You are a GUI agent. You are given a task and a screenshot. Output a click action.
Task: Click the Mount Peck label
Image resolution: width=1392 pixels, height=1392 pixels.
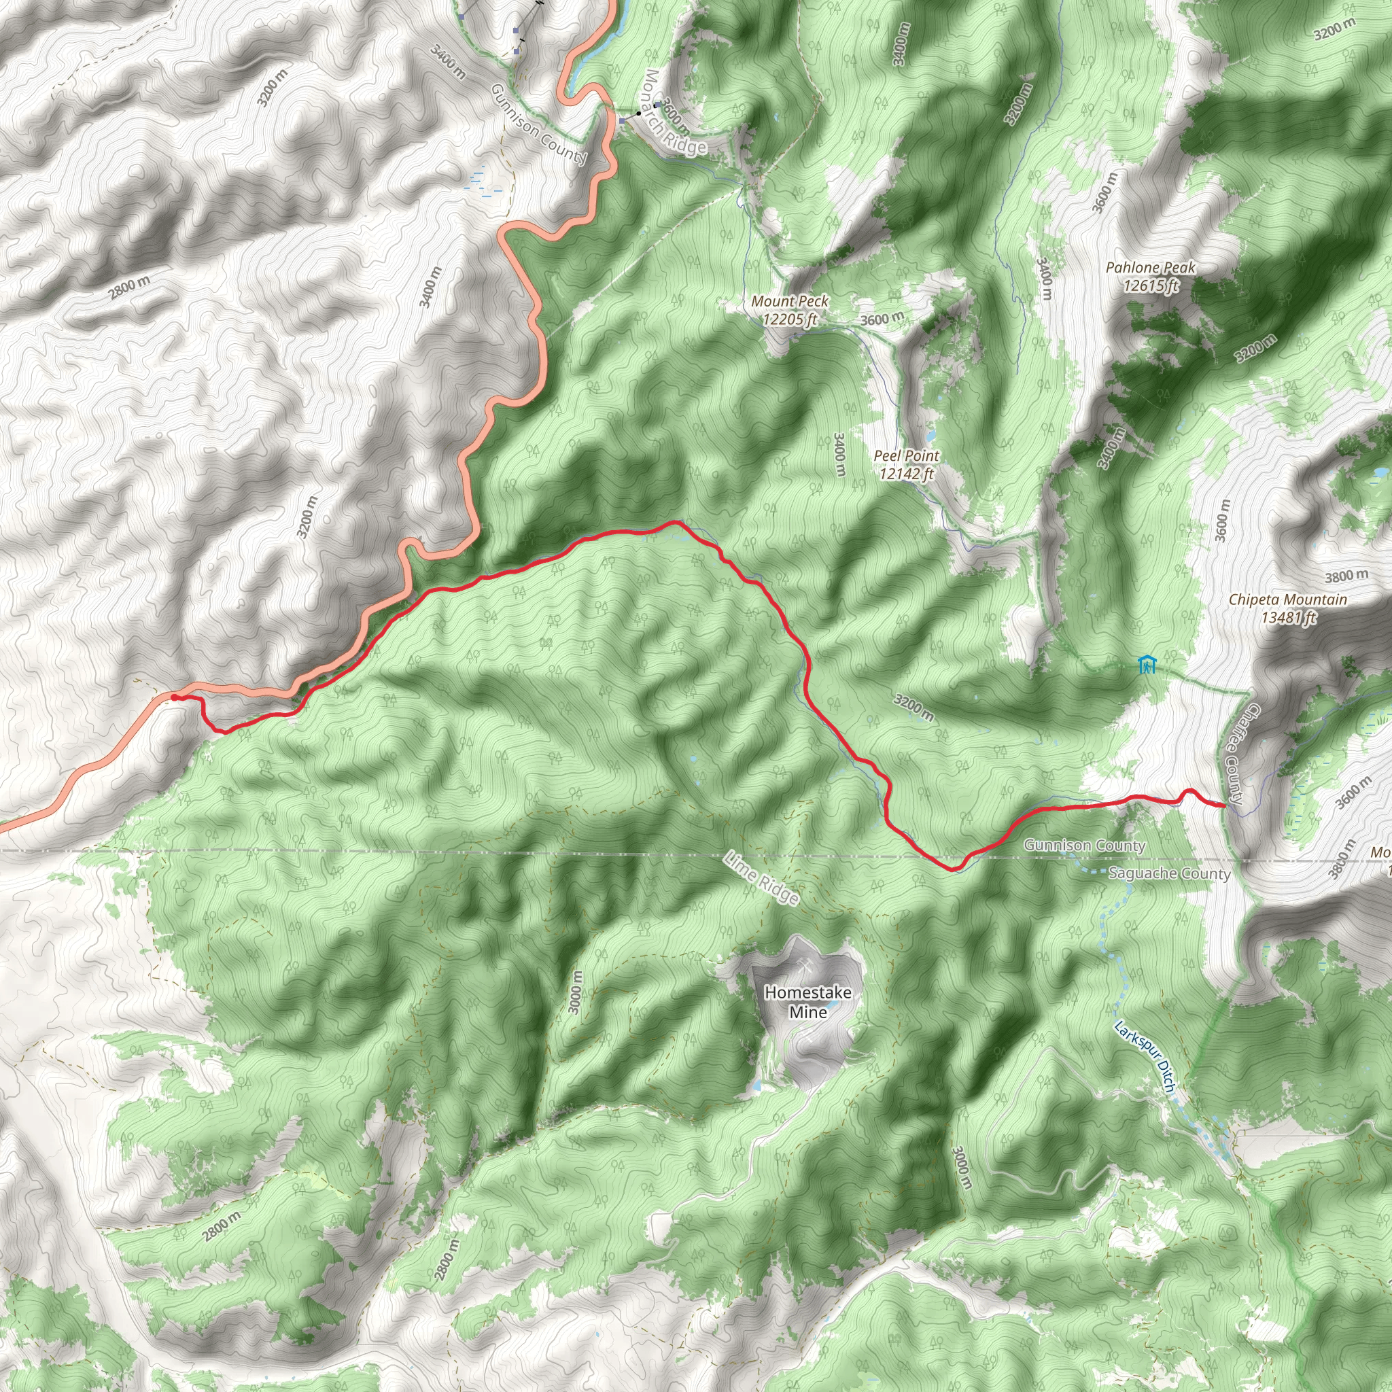(790, 301)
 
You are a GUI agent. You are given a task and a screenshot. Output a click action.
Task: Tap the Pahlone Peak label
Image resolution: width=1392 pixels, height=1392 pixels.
(1151, 268)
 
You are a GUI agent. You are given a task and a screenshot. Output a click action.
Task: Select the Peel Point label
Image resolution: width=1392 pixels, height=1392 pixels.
(907, 455)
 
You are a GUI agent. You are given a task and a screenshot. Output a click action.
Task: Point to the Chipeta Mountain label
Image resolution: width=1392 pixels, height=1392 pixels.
(1287, 599)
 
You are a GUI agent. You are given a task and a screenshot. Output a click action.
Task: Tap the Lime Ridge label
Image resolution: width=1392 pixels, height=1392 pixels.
(763, 877)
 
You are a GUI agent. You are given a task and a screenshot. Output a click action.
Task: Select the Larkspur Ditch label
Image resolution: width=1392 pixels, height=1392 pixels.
(1145, 1057)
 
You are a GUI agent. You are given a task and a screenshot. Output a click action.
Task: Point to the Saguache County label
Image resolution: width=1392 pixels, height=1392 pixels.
(1169, 874)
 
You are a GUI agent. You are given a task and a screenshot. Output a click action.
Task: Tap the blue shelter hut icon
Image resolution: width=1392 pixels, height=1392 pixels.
(1147, 664)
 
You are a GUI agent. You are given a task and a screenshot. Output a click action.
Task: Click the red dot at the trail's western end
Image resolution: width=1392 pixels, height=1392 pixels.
(175, 697)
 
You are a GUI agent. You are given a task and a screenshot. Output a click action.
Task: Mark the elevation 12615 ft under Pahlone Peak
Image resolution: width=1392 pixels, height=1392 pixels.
(1151, 286)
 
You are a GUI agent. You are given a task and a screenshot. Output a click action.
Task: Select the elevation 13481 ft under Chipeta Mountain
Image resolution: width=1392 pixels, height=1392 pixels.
(1288, 617)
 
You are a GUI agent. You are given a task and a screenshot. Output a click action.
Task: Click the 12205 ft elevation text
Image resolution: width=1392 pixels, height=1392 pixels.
(790, 319)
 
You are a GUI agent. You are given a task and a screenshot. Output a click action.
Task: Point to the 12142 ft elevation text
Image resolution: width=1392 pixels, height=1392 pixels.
(907, 473)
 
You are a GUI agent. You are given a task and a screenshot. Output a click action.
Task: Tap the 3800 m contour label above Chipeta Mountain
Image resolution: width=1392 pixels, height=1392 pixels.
(1346, 576)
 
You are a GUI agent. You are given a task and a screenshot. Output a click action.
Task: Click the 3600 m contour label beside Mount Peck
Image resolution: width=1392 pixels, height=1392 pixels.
(881, 319)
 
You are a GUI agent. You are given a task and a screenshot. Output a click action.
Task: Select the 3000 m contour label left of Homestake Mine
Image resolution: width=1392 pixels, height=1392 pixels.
(575, 992)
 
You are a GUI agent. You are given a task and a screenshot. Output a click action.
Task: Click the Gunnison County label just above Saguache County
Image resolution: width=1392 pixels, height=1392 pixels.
(1084, 845)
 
